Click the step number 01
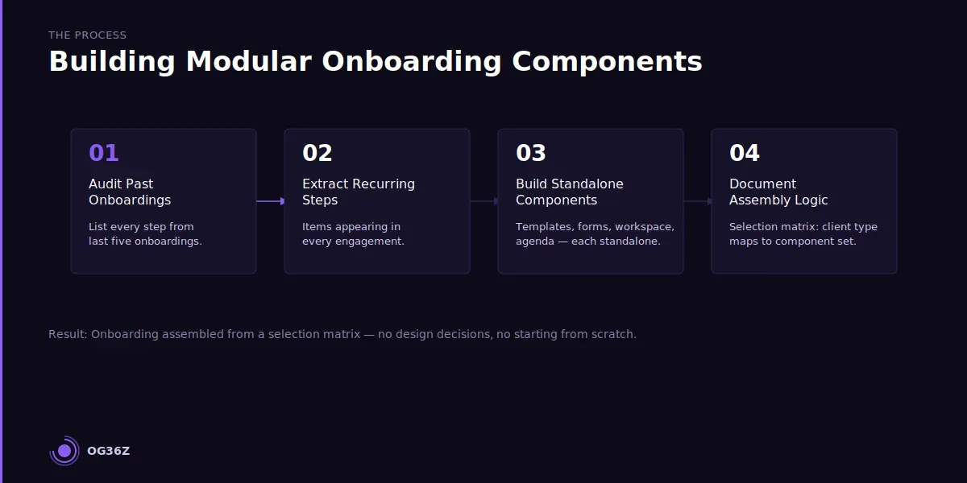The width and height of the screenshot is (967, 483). point(103,153)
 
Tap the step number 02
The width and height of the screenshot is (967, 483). point(317,153)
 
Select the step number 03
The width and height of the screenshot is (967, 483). point(530,153)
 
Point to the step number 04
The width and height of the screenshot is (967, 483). point(744,153)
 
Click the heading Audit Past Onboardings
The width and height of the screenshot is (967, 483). point(129,192)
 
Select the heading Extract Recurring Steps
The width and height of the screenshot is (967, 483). point(358,192)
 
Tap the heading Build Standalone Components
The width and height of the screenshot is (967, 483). point(569,192)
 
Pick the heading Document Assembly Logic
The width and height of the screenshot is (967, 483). point(778,192)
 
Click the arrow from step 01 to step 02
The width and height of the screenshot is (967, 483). point(271,201)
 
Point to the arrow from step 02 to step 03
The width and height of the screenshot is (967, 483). point(483,201)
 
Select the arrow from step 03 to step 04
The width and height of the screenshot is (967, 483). point(697,201)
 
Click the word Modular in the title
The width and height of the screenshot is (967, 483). point(248,62)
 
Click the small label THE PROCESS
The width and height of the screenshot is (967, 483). point(87,35)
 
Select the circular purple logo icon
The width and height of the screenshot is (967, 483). point(64,451)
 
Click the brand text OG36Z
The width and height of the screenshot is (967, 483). point(108,452)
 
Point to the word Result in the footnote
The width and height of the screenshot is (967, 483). point(68,334)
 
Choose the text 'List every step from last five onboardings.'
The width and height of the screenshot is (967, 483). point(144,233)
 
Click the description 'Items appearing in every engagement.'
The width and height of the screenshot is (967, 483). point(353,233)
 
